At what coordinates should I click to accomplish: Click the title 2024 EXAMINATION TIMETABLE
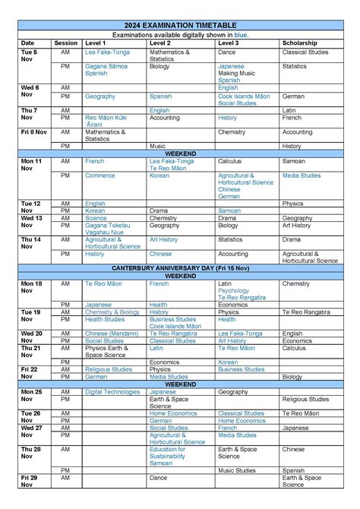coord(180,25)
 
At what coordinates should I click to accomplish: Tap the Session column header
coord(65,43)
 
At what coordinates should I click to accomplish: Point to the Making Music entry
coord(234,73)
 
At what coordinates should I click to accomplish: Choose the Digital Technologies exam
coord(112,392)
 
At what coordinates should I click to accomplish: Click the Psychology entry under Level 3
coord(233,290)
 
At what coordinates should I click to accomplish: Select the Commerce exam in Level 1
coord(99,175)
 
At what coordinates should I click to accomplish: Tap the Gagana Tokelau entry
coord(106,226)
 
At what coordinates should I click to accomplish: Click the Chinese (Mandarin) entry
coord(112,334)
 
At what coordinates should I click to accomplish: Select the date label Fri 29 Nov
coord(29,480)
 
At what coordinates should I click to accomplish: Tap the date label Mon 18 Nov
coord(31,286)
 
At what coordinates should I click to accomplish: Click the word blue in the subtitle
coord(241,35)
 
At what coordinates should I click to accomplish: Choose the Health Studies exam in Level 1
coord(105,319)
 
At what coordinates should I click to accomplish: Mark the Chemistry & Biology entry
coord(112,312)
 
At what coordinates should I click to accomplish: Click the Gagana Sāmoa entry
coord(106,66)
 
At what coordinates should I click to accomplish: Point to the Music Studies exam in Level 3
coord(237,470)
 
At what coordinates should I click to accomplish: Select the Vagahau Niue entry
coord(103,232)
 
